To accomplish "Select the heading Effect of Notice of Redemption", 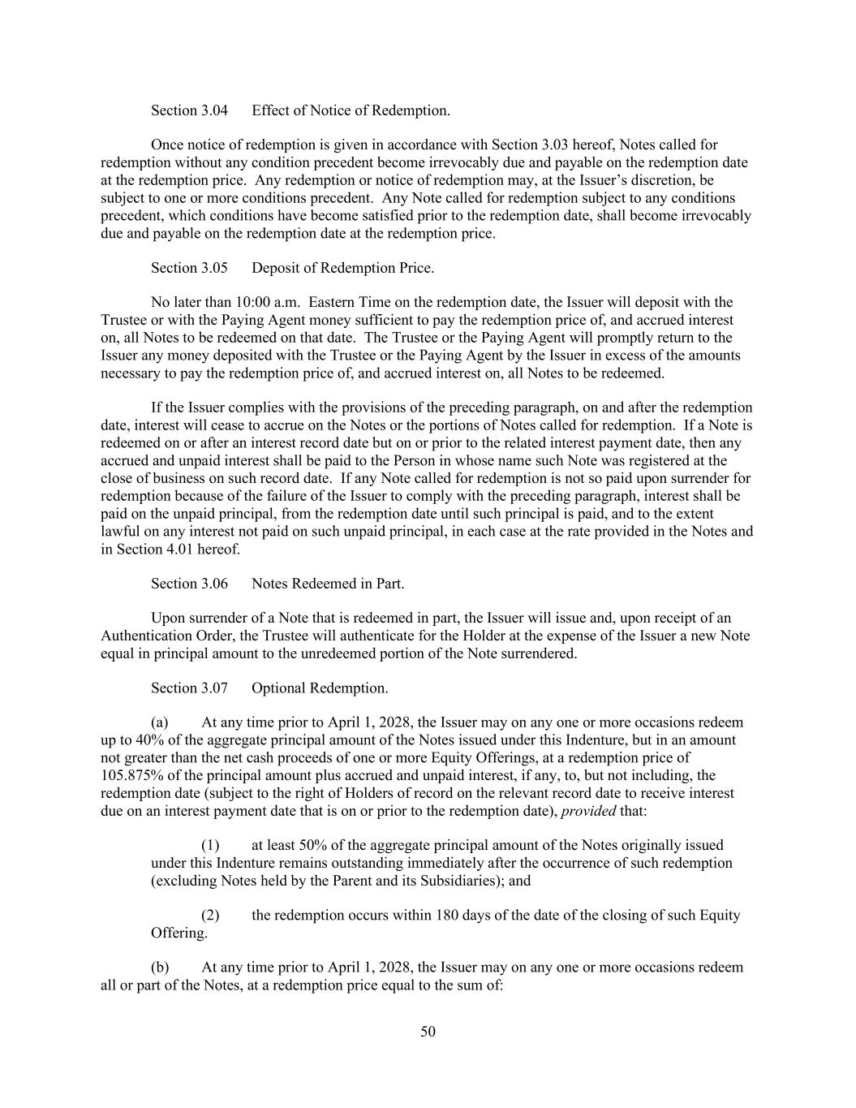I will (x=351, y=110).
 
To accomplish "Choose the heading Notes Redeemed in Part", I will (x=328, y=584).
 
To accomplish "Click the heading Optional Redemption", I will (x=320, y=688).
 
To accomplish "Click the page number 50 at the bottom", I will (x=428, y=1033).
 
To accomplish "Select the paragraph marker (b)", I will (x=160, y=968).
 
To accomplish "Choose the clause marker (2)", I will (x=210, y=916).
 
